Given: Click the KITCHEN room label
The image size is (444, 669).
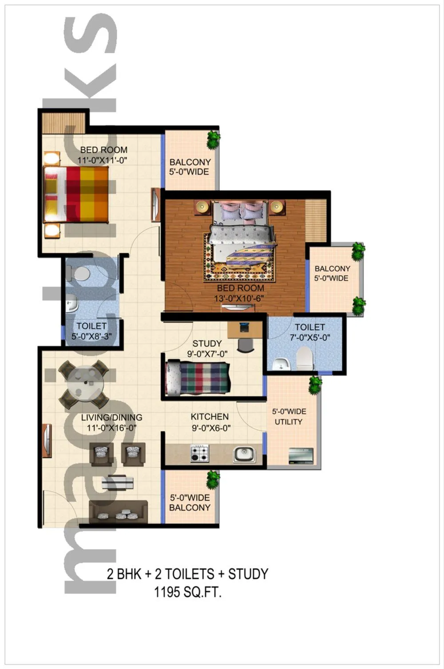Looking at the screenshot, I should click(x=210, y=417).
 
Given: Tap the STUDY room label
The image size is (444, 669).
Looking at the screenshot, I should click(x=207, y=343).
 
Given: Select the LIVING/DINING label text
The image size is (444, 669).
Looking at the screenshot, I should click(x=111, y=417).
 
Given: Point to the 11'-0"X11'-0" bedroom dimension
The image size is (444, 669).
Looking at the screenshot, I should click(x=103, y=160).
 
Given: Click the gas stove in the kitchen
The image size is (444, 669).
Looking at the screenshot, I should click(x=199, y=453).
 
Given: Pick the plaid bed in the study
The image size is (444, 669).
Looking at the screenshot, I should click(x=198, y=378).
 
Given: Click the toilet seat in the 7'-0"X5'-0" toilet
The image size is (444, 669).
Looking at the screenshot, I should click(x=304, y=358).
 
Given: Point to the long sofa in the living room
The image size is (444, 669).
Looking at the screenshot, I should click(x=118, y=510).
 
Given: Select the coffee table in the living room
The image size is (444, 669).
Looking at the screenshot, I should click(x=117, y=482).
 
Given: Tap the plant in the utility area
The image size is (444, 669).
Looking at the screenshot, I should click(x=315, y=384).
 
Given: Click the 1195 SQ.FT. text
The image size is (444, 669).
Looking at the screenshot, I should click(x=187, y=592).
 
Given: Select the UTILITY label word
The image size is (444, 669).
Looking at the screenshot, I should click(x=288, y=422).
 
